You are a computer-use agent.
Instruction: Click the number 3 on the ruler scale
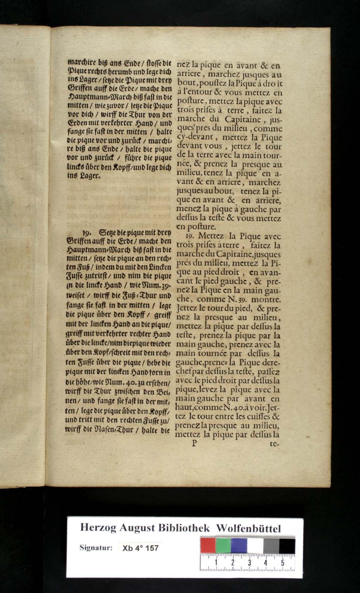(249, 563)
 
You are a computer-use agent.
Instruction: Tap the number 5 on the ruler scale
(283, 563)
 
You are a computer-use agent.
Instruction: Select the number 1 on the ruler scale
(216, 563)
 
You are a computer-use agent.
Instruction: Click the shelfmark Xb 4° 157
(140, 548)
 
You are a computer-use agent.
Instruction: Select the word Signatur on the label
(96, 548)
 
